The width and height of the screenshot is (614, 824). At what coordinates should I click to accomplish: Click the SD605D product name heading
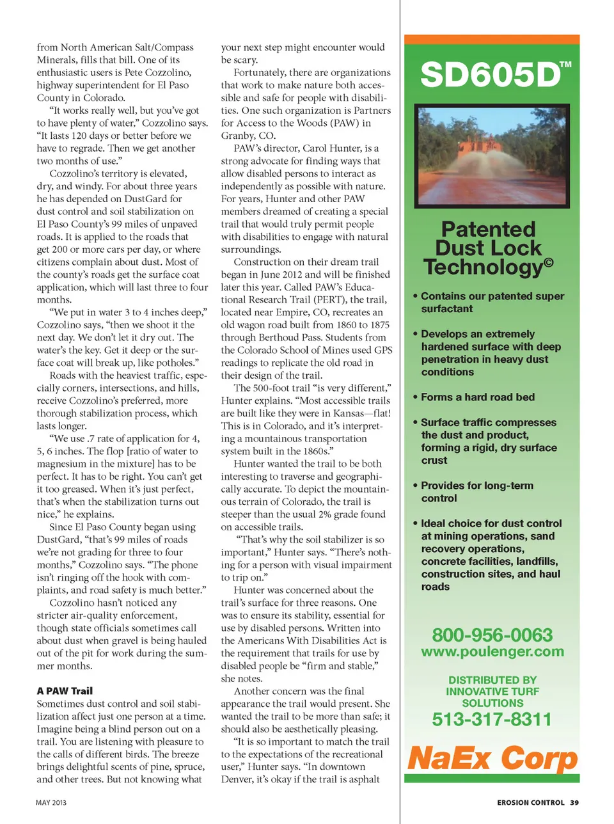coord(490,75)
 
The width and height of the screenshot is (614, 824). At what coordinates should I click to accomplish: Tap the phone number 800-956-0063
coord(492,635)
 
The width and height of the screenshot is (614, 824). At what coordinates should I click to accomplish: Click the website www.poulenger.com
coord(492,651)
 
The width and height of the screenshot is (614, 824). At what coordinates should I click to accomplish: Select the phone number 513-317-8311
coord(491,719)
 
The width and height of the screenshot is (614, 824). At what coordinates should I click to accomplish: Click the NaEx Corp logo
coord(492,758)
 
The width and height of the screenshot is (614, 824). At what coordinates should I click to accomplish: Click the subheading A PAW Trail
coord(65,691)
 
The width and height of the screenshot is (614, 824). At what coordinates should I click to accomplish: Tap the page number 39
coord(574,802)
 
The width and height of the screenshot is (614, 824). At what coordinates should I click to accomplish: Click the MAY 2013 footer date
coord(51,802)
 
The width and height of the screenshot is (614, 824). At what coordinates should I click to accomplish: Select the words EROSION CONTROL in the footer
coord(530,802)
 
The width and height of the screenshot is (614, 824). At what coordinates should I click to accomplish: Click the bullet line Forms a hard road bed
coord(477,397)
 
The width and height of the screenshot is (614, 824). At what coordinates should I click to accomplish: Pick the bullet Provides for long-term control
coord(476,491)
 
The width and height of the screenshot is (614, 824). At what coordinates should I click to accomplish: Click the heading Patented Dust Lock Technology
coord(488,248)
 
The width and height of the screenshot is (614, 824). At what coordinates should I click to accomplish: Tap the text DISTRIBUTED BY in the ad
coord(492,679)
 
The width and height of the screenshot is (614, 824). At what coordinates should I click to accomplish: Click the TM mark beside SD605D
coord(565,65)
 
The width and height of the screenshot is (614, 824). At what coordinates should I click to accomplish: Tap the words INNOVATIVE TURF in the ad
coord(492,691)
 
